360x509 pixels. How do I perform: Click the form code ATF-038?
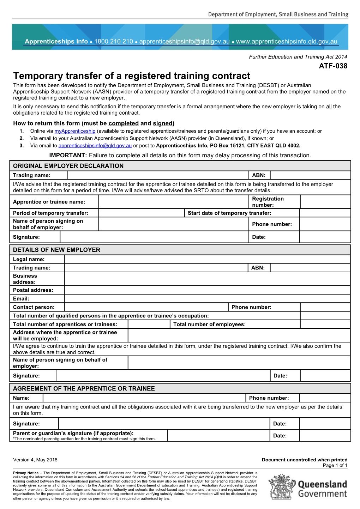(x=333, y=66)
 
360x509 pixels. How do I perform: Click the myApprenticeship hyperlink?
(x=75, y=131)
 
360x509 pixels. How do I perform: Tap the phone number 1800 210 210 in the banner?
(x=113, y=42)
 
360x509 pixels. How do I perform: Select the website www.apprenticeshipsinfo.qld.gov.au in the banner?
(x=287, y=42)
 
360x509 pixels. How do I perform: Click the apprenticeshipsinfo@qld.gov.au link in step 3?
(x=95, y=146)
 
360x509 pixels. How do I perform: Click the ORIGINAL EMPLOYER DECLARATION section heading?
(x=68, y=166)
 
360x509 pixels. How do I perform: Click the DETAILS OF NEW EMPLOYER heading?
(x=56, y=250)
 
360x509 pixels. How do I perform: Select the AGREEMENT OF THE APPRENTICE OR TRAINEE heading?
(x=84, y=388)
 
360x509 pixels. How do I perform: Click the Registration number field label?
(x=268, y=202)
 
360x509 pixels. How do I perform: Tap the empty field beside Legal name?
(x=207, y=259)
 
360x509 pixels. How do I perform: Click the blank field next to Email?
(x=207, y=298)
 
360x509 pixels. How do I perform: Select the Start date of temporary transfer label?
(x=229, y=213)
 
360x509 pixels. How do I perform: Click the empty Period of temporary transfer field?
(x=141, y=213)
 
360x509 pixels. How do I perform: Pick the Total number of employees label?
(x=209, y=324)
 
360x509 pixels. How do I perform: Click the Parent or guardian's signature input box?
(x=218, y=436)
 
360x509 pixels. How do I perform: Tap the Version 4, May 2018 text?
(x=35, y=460)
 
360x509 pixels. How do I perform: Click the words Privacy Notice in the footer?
(x=26, y=473)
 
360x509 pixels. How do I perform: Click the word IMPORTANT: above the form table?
(x=68, y=156)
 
